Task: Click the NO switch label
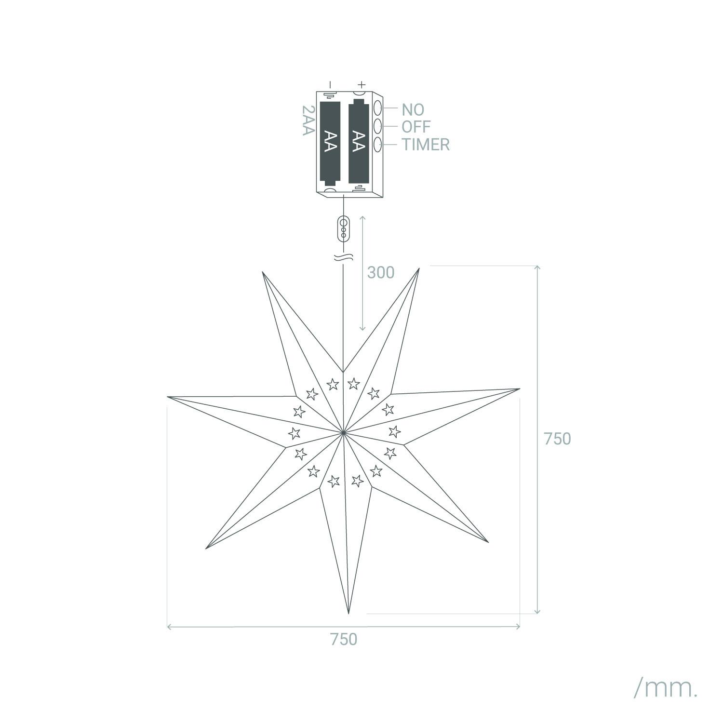pyautogui.click(x=413, y=109)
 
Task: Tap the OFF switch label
pyautogui.click(x=416, y=127)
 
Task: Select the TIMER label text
pyautogui.click(x=426, y=144)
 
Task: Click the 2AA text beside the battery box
pyautogui.click(x=308, y=120)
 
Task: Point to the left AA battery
pyautogui.click(x=330, y=143)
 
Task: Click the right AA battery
pyautogui.click(x=359, y=141)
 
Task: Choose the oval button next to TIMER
pyautogui.click(x=378, y=144)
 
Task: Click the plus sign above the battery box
pyautogui.click(x=362, y=84)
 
